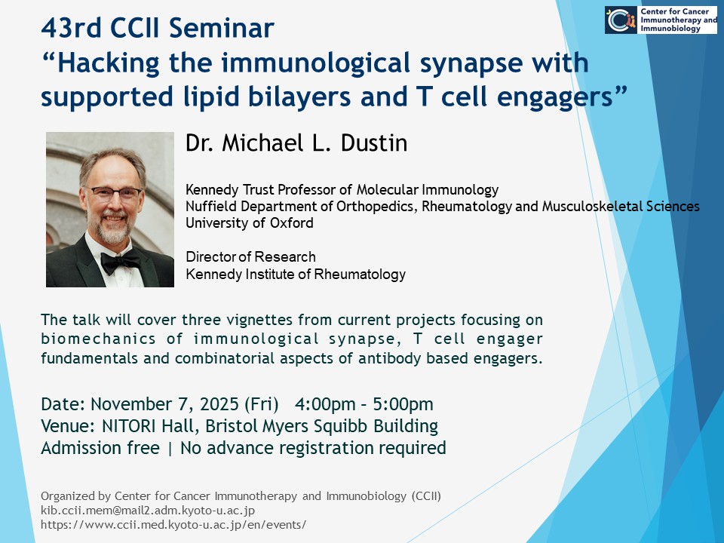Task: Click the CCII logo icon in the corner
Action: click(621, 20)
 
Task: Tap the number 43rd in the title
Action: click(71, 28)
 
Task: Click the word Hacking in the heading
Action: click(109, 63)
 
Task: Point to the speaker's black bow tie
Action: click(121, 262)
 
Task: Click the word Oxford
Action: click(292, 223)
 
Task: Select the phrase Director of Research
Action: click(250, 256)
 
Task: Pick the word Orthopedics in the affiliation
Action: click(377, 207)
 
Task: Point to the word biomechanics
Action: click(98, 339)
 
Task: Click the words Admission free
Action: click(100, 448)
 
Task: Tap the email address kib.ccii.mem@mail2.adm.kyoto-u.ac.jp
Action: click(148, 511)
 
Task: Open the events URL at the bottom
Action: click(173, 525)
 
